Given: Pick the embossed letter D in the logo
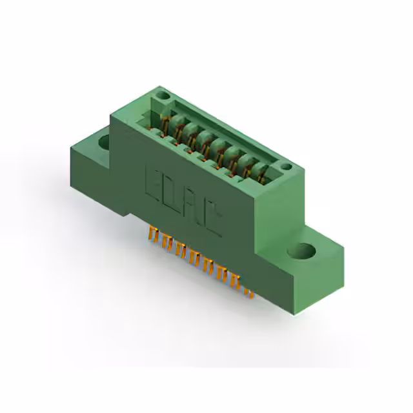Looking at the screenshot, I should point(174,194).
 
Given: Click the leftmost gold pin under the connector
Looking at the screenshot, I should point(152,236).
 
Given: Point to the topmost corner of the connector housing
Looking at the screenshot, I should point(157,88).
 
